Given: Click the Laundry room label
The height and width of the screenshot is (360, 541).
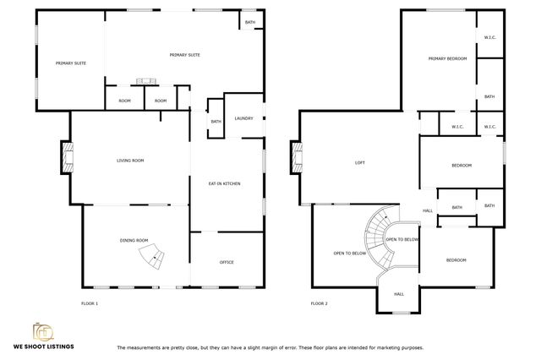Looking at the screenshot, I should [244, 118].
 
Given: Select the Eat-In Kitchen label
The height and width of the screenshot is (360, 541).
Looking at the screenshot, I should [226, 183].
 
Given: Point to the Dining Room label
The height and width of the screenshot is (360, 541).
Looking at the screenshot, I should [134, 241].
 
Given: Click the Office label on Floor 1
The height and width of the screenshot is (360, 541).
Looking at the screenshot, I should [227, 262].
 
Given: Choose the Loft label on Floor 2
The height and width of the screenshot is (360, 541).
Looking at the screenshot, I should [358, 162].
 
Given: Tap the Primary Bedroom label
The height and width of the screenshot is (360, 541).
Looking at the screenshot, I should [447, 58].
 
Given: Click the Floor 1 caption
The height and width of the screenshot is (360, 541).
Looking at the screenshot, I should [90, 303].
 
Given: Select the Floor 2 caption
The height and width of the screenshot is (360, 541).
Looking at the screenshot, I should [319, 303].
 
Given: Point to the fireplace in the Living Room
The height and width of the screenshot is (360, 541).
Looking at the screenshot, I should [66, 157].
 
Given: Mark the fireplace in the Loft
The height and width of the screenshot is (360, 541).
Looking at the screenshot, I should [297, 157].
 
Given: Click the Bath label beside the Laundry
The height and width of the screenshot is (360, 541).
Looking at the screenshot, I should [216, 122].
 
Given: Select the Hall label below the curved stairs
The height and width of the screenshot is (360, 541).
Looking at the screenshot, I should [399, 294].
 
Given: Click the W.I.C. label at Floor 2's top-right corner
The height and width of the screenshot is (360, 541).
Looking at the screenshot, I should [489, 36].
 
